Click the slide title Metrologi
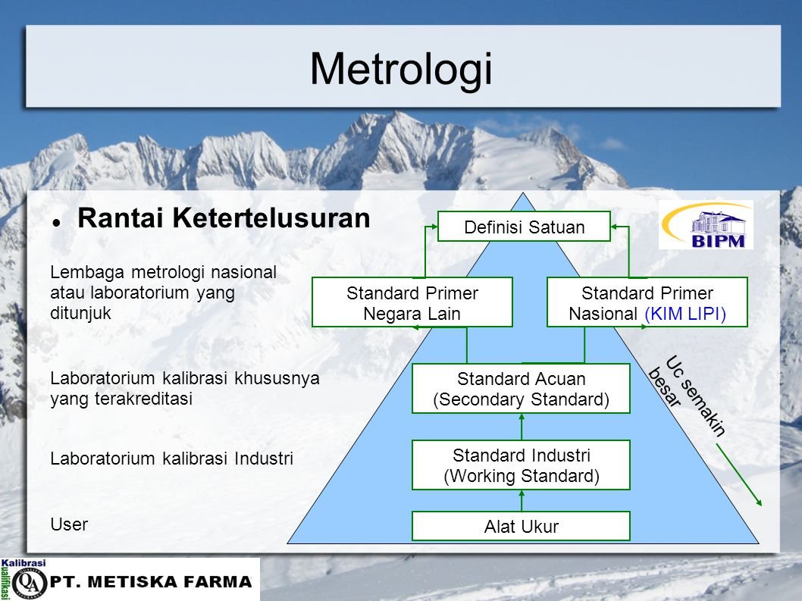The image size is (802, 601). (x=401, y=70)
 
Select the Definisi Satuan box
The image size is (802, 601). (x=525, y=227)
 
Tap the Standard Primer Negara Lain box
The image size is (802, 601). (x=412, y=302)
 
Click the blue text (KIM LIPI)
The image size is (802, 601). (x=685, y=314)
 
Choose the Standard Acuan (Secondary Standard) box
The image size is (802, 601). (x=522, y=389)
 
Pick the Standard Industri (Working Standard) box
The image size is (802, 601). (x=522, y=465)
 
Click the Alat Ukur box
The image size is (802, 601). (x=522, y=526)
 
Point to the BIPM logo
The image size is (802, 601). (x=706, y=224)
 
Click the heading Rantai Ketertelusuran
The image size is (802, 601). (x=224, y=218)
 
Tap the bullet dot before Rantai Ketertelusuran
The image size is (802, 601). (x=56, y=223)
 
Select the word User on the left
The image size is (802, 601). (x=69, y=524)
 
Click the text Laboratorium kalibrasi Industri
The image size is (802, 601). (x=172, y=459)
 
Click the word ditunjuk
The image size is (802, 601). (x=81, y=313)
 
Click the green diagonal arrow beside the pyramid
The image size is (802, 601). (x=739, y=475)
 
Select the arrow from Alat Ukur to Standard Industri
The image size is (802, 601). (x=522, y=501)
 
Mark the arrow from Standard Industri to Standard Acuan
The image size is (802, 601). (x=522, y=427)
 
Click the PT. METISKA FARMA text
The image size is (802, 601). (x=151, y=581)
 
